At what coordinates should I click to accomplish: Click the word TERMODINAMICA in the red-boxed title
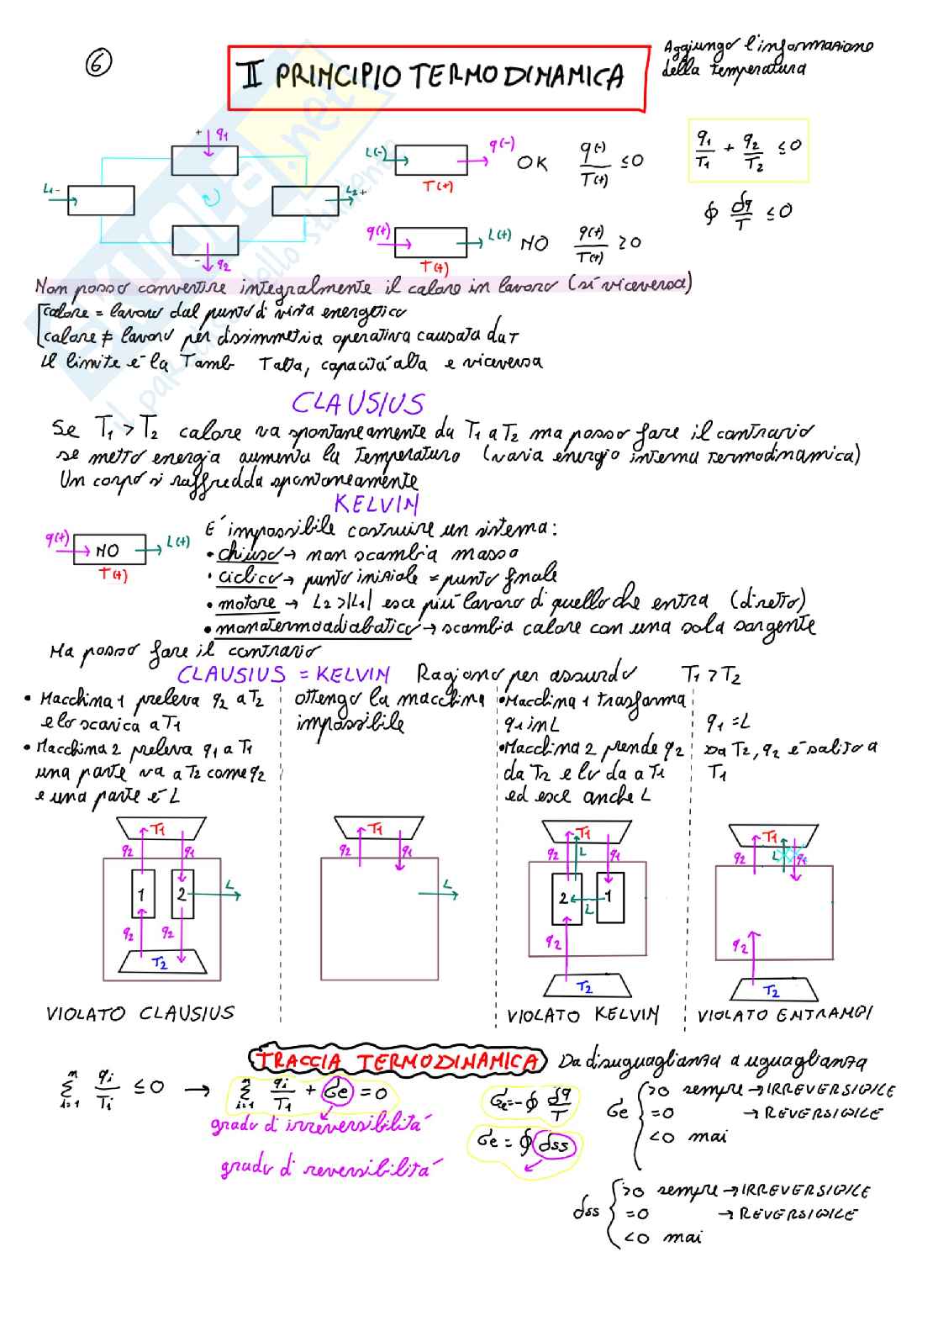click(x=517, y=77)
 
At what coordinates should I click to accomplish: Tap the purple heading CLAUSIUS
click(x=358, y=404)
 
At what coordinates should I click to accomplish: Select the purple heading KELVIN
click(x=376, y=504)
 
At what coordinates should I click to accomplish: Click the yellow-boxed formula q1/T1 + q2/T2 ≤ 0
click(x=748, y=152)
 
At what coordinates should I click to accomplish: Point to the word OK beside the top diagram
click(x=532, y=162)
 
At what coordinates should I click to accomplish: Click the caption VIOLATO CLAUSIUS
click(x=140, y=1013)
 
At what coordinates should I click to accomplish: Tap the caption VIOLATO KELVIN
click(x=582, y=1015)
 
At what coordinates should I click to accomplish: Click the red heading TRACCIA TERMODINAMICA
click(x=397, y=1061)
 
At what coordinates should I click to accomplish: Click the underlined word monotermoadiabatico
click(x=314, y=628)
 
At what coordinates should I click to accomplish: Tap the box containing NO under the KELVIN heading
click(x=109, y=551)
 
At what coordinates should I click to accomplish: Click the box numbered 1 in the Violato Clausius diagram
click(x=143, y=895)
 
